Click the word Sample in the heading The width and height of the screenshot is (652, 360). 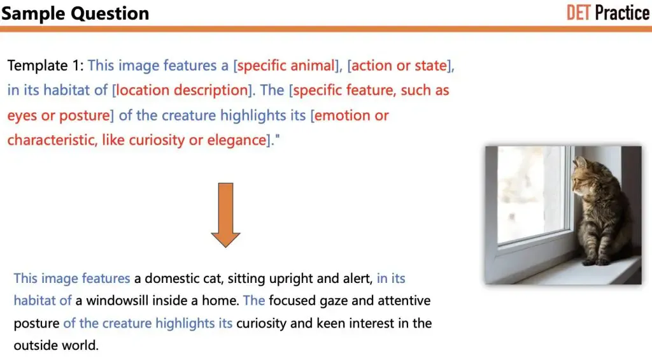[34, 14]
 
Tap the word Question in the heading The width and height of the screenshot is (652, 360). [110, 14]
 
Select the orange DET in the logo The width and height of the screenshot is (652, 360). [578, 13]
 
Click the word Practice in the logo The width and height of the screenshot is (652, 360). [622, 13]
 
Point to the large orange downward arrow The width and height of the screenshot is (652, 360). [225, 215]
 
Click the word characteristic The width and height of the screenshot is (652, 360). [52, 140]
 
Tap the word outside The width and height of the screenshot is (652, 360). [36, 345]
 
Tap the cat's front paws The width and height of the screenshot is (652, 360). [595, 261]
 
